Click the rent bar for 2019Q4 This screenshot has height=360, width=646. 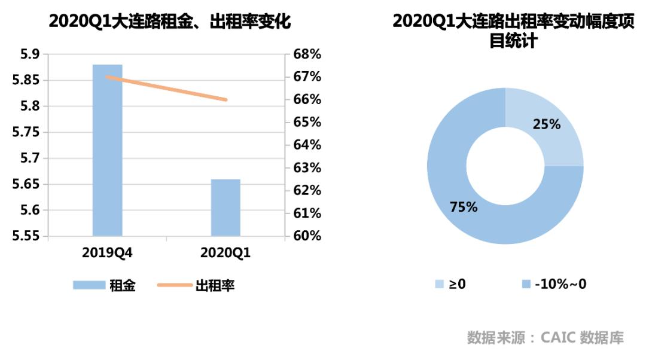107,150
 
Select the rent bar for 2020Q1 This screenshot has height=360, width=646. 226,207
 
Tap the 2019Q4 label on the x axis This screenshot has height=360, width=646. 107,252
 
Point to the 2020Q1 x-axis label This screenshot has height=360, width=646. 226,252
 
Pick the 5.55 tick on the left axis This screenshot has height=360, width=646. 26,236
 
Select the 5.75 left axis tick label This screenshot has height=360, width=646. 26,132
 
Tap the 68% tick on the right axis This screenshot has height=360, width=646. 307,54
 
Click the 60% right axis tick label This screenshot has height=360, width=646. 307,236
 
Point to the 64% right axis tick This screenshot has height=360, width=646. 307,145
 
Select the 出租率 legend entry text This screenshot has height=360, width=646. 215,285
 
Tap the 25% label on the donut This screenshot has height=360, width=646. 546,124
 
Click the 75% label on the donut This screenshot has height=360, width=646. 464,207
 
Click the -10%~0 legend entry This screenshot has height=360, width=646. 560,284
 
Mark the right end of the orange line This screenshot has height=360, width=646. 226,99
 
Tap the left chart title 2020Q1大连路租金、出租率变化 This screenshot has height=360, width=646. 170,22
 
